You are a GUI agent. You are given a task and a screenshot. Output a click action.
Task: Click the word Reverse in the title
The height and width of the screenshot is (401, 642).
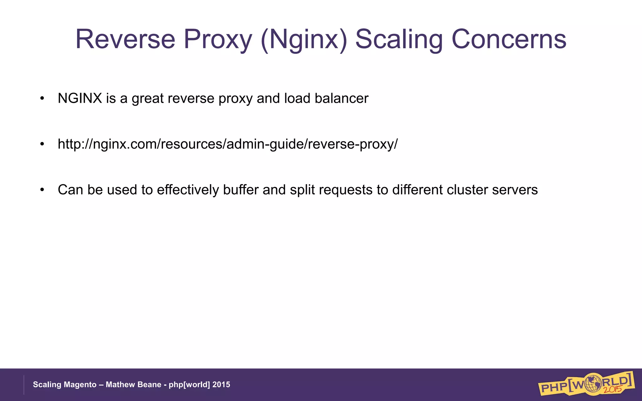pyautogui.click(x=125, y=39)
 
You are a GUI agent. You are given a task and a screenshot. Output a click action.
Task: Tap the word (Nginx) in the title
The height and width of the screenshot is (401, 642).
pyautogui.click(x=304, y=39)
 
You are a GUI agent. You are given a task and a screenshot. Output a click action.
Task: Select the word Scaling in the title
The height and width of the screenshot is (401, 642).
pyautogui.click(x=399, y=39)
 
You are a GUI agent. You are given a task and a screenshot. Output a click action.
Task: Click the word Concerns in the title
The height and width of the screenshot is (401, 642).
pyautogui.click(x=508, y=39)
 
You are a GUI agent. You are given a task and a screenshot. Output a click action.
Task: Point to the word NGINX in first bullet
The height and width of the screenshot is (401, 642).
pyautogui.click(x=80, y=98)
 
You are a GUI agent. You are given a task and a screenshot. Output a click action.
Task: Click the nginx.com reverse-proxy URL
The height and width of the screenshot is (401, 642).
pyautogui.click(x=228, y=144)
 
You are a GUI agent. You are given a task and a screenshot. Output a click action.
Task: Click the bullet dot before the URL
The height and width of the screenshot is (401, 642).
pyautogui.click(x=42, y=144)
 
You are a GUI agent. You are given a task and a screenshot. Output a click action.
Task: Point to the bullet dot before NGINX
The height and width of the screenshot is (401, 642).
pyautogui.click(x=42, y=99)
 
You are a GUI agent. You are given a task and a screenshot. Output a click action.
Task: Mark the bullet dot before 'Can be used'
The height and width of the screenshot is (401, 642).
pyautogui.click(x=42, y=190)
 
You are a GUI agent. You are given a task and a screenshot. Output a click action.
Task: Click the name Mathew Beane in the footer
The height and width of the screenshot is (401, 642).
pyautogui.click(x=133, y=385)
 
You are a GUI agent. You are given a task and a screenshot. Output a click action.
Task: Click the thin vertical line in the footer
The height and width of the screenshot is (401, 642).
pyautogui.click(x=24, y=385)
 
